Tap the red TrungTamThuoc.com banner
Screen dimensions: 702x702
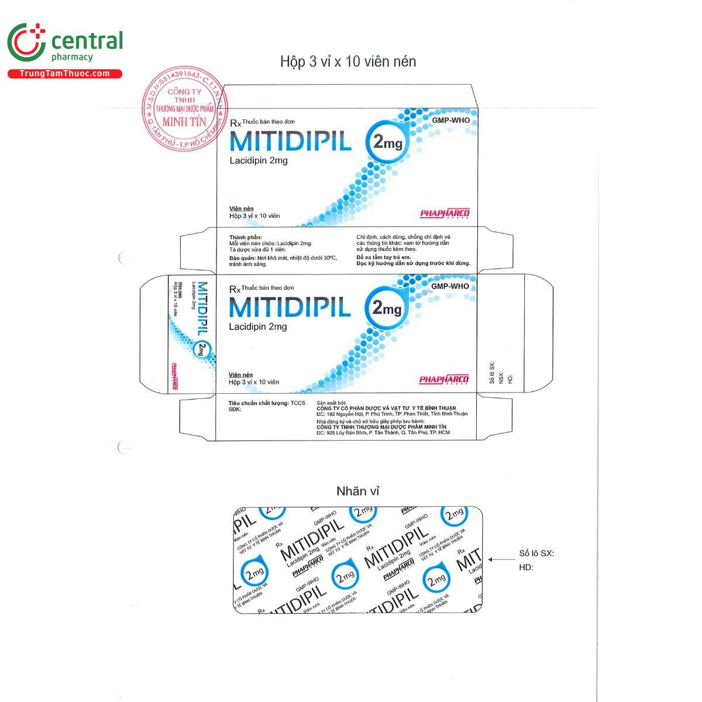tap(64, 74)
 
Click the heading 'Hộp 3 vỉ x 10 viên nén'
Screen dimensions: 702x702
tap(348, 61)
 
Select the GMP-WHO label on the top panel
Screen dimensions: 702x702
tap(450, 121)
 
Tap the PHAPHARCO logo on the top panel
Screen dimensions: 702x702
tap(445, 214)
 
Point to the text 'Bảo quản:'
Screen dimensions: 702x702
tap(242, 257)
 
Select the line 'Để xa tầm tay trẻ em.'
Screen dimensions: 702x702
tap(384, 257)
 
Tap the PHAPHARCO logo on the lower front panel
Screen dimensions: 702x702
tap(444, 380)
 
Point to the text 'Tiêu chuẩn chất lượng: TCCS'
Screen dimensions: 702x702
tap(267, 402)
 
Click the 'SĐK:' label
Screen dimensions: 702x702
tap(235, 409)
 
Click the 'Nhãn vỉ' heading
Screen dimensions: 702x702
tap(357, 491)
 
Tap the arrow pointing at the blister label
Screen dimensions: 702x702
tap(498, 560)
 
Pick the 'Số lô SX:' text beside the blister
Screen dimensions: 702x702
tap(536, 553)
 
